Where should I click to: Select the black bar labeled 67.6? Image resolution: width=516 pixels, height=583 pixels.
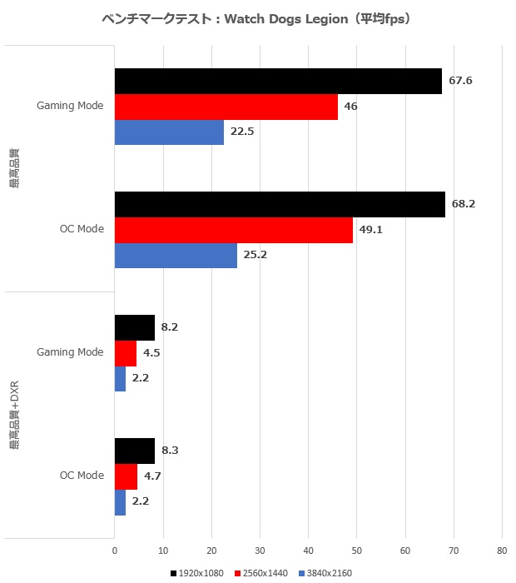pos(278,82)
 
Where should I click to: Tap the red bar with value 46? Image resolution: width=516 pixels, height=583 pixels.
pos(226,107)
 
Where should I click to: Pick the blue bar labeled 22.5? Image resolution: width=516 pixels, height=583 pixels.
pos(169,132)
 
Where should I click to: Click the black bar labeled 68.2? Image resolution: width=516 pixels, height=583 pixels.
pos(280,204)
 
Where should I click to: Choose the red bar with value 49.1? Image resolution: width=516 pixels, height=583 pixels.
pos(234,230)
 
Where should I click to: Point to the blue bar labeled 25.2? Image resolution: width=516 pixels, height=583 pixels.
pos(176,256)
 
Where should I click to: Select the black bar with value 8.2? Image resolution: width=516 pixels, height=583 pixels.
pos(135,327)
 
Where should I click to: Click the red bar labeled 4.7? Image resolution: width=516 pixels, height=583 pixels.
pos(126,476)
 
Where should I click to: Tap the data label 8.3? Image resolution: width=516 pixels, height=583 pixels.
pos(169,451)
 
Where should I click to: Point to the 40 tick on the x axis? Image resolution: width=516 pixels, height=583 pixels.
pos(308,551)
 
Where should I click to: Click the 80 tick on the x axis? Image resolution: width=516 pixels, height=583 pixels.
pos(502,551)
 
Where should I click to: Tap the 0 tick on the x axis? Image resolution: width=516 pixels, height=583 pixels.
pos(115,551)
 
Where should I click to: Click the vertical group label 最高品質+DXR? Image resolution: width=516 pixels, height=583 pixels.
pos(15,416)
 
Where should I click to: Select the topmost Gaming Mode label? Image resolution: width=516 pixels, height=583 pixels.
pos(70,107)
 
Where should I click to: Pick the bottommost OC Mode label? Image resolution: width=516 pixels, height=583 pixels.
pos(82,476)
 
